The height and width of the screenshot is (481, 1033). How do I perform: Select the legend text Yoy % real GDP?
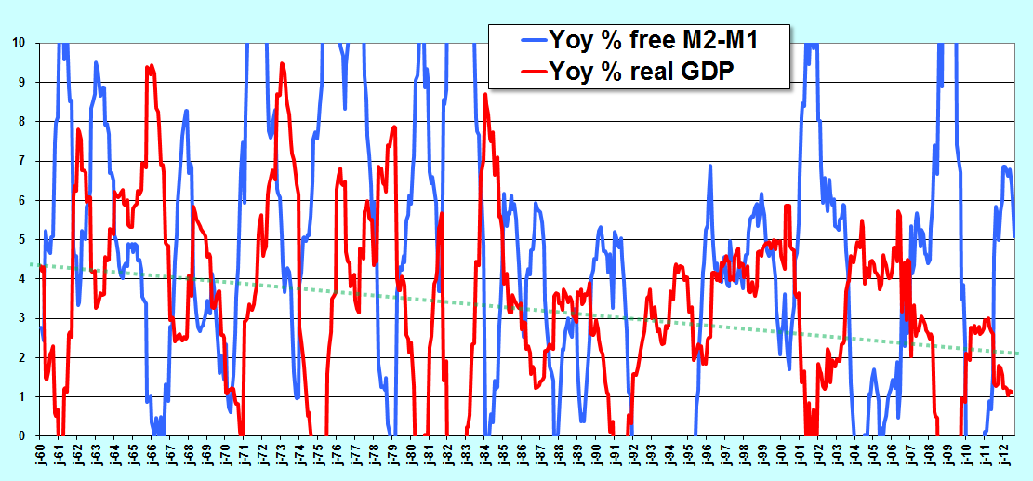pyautogui.click(x=641, y=70)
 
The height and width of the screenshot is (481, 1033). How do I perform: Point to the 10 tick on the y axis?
pyautogui.click(x=20, y=43)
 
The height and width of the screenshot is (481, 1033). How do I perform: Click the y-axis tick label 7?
pyautogui.click(x=22, y=161)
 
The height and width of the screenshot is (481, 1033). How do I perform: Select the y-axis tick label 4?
pyautogui.click(x=22, y=279)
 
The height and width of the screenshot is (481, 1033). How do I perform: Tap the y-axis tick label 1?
pyautogui.click(x=22, y=396)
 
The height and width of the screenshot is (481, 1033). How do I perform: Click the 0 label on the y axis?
pyautogui.click(x=22, y=436)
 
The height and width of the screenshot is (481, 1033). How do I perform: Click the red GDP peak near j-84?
pyautogui.click(x=485, y=94)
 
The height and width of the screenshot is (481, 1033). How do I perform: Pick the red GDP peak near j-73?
pyautogui.click(x=282, y=64)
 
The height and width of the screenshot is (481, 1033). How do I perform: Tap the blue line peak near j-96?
pyautogui.click(x=710, y=166)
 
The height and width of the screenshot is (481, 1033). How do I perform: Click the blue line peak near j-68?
pyautogui.click(x=187, y=111)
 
